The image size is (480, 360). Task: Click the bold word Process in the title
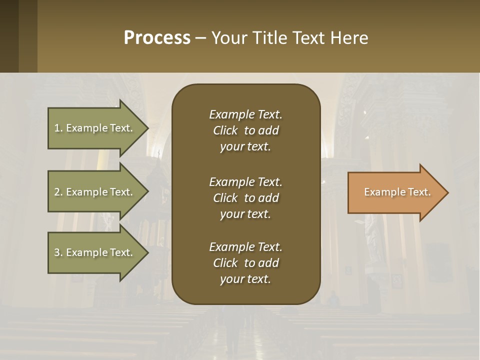click(157, 38)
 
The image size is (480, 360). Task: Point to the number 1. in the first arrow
click(58, 128)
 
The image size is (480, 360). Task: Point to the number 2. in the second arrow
click(58, 192)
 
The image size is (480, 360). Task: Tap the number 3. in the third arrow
click(58, 252)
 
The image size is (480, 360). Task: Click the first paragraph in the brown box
click(245, 130)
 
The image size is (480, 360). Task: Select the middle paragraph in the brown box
click(245, 198)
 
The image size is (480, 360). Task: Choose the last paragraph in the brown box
click(245, 263)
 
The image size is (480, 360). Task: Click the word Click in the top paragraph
click(225, 130)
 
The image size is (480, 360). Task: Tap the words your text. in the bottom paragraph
click(245, 279)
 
